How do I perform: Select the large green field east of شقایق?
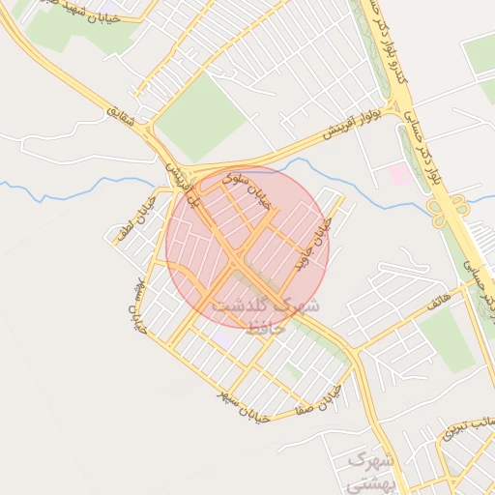(x=201, y=116)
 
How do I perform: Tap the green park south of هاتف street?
(x=448, y=338)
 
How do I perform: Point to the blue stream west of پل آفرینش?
(x=77, y=189)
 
